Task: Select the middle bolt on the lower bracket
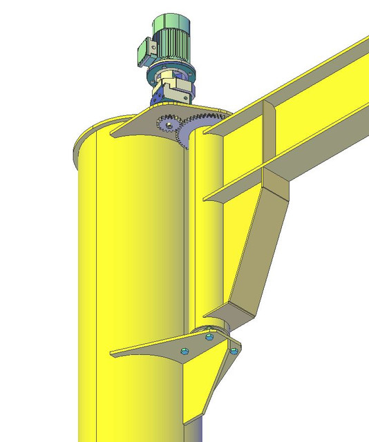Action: (209, 338)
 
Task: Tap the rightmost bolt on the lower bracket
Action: (234, 350)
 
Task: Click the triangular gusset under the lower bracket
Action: (207, 387)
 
